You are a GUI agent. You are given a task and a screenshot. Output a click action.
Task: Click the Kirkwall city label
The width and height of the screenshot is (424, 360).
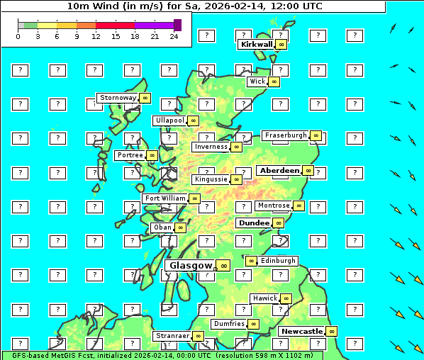(256, 44)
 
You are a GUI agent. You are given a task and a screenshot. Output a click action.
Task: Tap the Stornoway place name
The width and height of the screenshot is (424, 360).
(118, 98)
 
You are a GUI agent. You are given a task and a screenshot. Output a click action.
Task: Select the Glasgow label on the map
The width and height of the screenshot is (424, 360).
(190, 266)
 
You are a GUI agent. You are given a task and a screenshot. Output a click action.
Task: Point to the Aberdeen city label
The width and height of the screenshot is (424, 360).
(279, 171)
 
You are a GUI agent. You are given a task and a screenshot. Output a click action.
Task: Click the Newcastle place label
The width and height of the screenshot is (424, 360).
(301, 331)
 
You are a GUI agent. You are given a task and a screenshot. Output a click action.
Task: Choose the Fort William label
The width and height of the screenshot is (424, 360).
(164, 198)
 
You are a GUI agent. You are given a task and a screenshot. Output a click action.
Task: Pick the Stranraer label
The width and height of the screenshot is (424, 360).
(172, 336)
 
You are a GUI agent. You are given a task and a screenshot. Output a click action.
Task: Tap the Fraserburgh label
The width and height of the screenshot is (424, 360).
(285, 135)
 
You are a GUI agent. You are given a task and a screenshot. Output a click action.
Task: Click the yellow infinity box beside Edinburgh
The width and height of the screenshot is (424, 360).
(250, 261)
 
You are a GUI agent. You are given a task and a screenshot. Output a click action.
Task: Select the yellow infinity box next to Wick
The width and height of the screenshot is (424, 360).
(274, 82)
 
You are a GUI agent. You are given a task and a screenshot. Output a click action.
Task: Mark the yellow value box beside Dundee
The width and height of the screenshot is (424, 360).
(279, 223)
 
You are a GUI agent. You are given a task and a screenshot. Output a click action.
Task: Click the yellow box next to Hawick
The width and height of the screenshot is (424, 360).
(286, 298)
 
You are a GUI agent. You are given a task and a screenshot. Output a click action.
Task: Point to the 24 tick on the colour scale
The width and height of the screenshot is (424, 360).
(174, 36)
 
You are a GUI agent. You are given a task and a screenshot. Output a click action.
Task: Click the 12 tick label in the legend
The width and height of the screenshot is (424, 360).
(95, 36)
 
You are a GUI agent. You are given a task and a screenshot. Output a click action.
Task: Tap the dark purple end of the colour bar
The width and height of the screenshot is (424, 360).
(177, 25)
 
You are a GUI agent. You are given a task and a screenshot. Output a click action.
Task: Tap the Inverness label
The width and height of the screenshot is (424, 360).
(211, 147)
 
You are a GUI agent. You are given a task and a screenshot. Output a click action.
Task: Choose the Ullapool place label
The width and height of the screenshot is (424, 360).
(169, 120)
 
